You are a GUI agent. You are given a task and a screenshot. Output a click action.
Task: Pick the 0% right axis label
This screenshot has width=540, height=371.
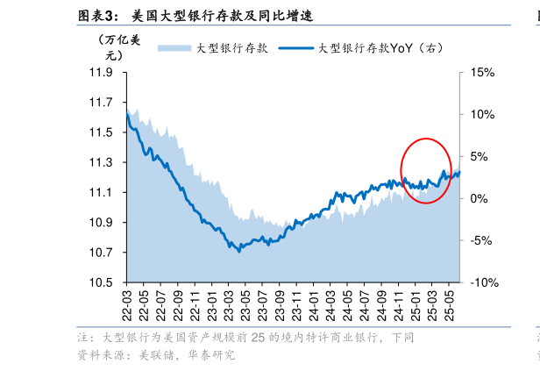pyautogui.click(x=478, y=198)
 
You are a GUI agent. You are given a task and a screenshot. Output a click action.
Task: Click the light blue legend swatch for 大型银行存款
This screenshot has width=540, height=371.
pyautogui.click(x=174, y=47)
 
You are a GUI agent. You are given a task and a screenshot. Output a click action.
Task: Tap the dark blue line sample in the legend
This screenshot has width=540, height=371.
pyautogui.click(x=296, y=47)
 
